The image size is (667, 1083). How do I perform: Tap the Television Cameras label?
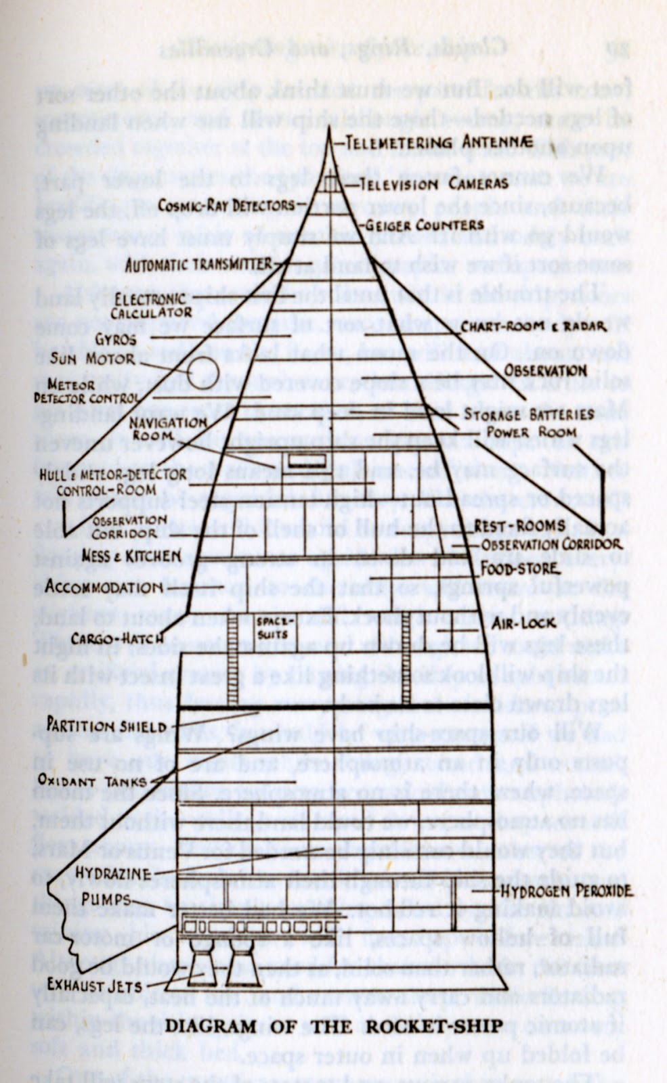pyautogui.click(x=433, y=183)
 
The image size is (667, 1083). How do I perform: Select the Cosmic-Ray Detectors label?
pyautogui.click(x=226, y=204)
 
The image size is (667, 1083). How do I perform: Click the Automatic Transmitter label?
pyautogui.click(x=198, y=265)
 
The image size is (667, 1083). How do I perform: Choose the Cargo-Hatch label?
pyautogui.click(x=116, y=638)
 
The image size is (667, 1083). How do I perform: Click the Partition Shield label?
pyautogui.click(x=106, y=726)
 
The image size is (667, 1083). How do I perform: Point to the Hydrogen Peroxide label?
pyautogui.click(x=566, y=891)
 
